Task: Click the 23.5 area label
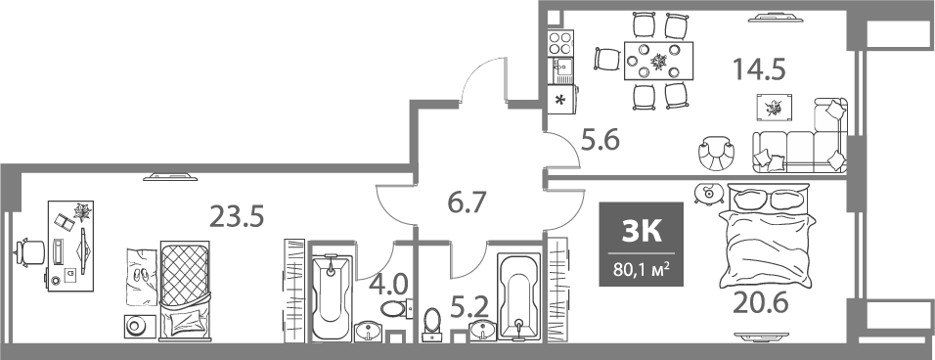[x=238, y=215]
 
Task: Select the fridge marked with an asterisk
[x=561, y=100]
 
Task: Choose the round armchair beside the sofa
[x=717, y=153]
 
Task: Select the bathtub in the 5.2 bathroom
[x=517, y=293]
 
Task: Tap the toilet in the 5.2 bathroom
[x=433, y=324]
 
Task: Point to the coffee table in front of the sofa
[x=776, y=108]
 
